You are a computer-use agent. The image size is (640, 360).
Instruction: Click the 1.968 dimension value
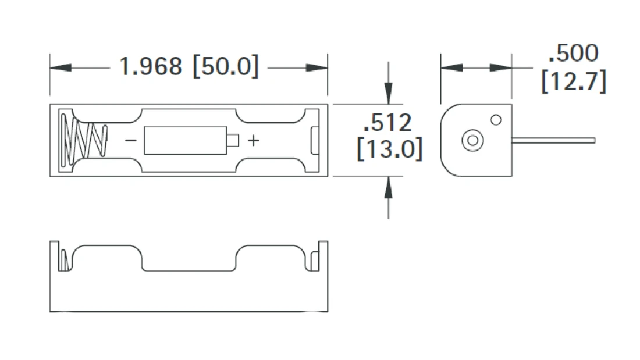tap(150, 66)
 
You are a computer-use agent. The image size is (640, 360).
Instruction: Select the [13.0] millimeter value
tap(389, 149)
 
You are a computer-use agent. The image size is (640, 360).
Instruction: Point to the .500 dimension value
tap(573, 54)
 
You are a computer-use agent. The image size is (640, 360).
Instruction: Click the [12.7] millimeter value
tap(573, 81)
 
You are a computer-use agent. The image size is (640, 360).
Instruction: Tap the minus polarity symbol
tap(131, 140)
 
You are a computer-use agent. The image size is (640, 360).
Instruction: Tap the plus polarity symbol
tap(254, 140)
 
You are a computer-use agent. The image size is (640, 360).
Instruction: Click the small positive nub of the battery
tap(233, 140)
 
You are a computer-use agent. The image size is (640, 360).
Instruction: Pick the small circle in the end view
tap(496, 120)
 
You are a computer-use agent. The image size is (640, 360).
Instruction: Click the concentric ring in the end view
tap(472, 140)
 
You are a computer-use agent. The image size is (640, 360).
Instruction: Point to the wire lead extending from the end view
tap(553, 140)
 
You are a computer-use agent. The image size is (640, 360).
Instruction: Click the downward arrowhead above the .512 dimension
tap(389, 94)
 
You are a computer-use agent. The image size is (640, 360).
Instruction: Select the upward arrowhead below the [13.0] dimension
tap(389, 187)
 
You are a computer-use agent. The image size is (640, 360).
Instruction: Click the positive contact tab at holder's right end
tap(315, 141)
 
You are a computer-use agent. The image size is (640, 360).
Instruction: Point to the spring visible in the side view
tap(65, 260)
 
